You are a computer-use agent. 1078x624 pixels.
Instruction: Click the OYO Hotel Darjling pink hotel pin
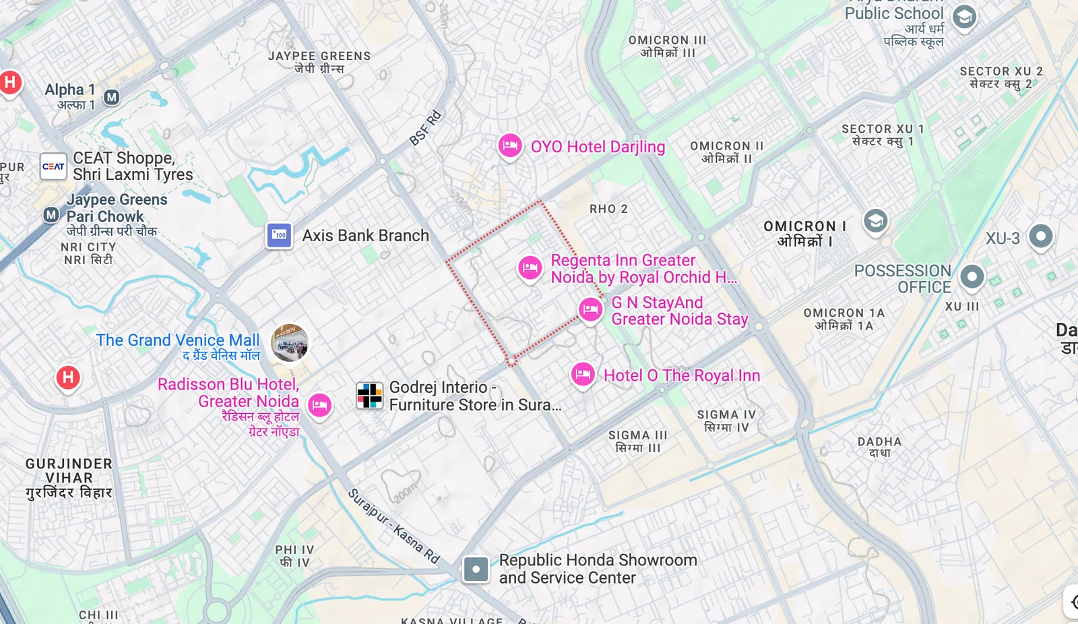(510, 146)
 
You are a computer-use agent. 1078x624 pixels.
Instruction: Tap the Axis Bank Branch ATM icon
(279, 235)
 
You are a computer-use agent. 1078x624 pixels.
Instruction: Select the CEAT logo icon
(53, 166)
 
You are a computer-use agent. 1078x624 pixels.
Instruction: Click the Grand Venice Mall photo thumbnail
(290, 342)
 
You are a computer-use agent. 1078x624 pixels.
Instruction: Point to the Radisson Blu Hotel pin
(320, 405)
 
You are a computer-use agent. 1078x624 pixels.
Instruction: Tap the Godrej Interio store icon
(369, 396)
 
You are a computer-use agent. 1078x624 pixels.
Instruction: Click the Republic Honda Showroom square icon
(476, 569)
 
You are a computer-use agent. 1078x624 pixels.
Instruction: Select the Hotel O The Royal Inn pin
(583, 374)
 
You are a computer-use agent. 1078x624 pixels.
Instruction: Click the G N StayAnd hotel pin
(591, 309)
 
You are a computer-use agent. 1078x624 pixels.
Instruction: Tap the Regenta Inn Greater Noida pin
(530, 268)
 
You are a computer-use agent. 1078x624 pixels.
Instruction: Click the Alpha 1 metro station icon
(112, 97)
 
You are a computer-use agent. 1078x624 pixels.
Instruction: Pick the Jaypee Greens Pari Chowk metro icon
(51, 215)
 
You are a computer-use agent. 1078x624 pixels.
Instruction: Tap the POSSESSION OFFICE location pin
(972, 276)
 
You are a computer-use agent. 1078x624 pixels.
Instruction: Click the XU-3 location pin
(1041, 236)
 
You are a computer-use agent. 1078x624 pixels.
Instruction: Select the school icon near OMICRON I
(875, 220)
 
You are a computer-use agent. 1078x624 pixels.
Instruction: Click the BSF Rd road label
(425, 128)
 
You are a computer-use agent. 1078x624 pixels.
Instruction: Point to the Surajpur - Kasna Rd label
(393, 526)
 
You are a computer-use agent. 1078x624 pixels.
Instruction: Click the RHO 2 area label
(608, 209)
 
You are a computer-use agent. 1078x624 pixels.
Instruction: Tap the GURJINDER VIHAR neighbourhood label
(69, 478)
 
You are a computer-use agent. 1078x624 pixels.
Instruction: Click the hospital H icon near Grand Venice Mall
(68, 377)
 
